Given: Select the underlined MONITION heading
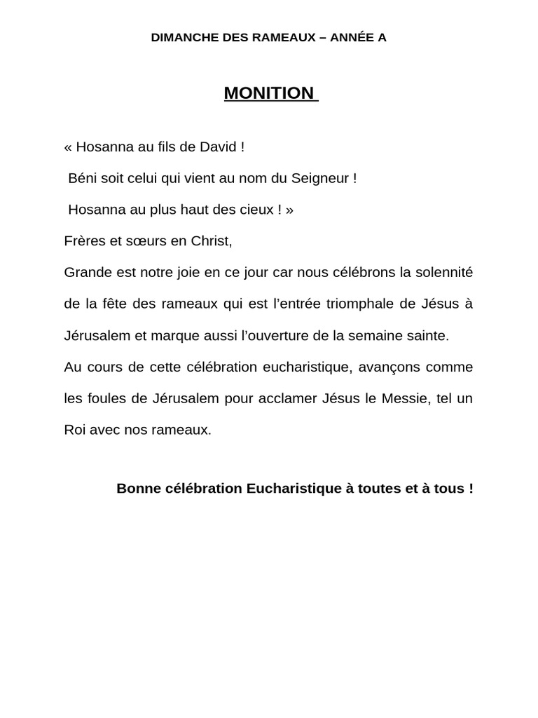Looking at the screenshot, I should pos(269,93).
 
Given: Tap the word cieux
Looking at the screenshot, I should pos(256,210).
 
